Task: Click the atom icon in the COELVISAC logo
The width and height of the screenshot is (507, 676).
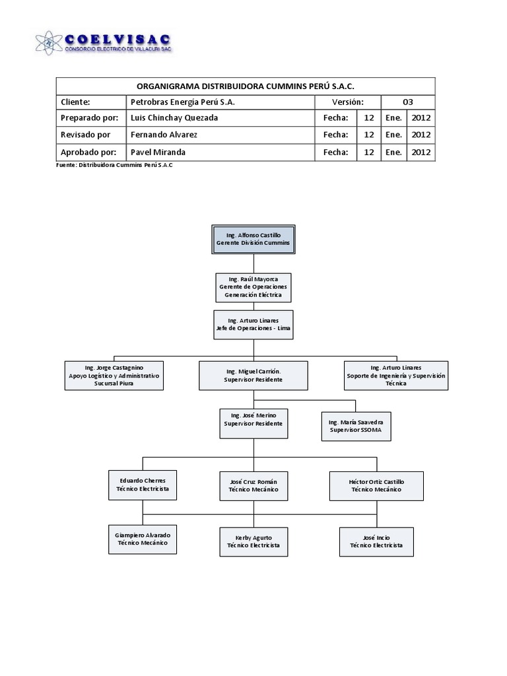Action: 49,43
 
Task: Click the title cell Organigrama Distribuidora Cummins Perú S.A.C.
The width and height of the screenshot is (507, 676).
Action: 246,86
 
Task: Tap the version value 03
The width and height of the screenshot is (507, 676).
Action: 408,102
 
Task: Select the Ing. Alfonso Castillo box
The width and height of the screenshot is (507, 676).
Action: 253,240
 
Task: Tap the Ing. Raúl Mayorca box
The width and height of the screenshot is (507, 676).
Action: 253,287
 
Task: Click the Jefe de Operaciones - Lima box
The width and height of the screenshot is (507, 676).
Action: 253,324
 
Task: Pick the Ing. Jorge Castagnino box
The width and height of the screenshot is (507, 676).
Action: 114,375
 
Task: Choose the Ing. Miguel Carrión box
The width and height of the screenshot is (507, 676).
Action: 253,376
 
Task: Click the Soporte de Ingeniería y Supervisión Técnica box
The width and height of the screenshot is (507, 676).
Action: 396,375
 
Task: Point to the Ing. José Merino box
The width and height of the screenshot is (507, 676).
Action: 253,419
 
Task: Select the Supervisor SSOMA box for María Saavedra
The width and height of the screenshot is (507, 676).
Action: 355,426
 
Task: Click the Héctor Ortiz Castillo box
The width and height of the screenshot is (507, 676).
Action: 376,485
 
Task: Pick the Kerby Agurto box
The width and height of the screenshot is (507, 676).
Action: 253,541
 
